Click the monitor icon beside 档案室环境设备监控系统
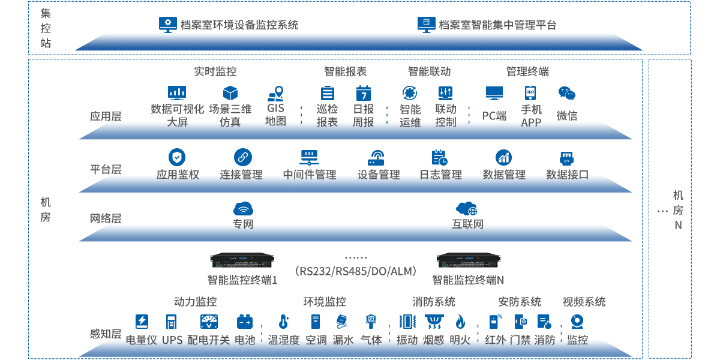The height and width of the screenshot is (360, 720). [168, 24]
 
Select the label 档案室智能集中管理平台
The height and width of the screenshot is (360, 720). [497, 25]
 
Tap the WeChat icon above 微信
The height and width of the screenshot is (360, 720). [566, 93]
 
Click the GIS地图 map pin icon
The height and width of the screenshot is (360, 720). [275, 94]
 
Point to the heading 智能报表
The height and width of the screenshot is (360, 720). [345, 71]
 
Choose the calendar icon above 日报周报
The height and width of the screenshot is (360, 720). [363, 93]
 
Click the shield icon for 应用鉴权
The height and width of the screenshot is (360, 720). [177, 157]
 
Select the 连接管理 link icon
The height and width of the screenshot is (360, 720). [242, 157]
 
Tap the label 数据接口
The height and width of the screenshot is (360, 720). [567, 175]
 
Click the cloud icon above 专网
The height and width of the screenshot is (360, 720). [243, 209]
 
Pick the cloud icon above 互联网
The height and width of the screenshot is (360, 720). [466, 209]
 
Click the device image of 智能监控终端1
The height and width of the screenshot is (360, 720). [242, 260]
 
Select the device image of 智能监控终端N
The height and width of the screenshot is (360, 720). [468, 260]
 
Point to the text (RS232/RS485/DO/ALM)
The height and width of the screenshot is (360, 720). [356, 272]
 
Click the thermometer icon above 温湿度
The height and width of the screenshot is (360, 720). [284, 322]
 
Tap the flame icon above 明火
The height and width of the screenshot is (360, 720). [460, 322]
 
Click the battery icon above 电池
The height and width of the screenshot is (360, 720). [244, 322]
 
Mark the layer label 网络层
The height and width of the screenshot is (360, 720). [106, 218]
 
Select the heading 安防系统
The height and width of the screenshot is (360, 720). [520, 302]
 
